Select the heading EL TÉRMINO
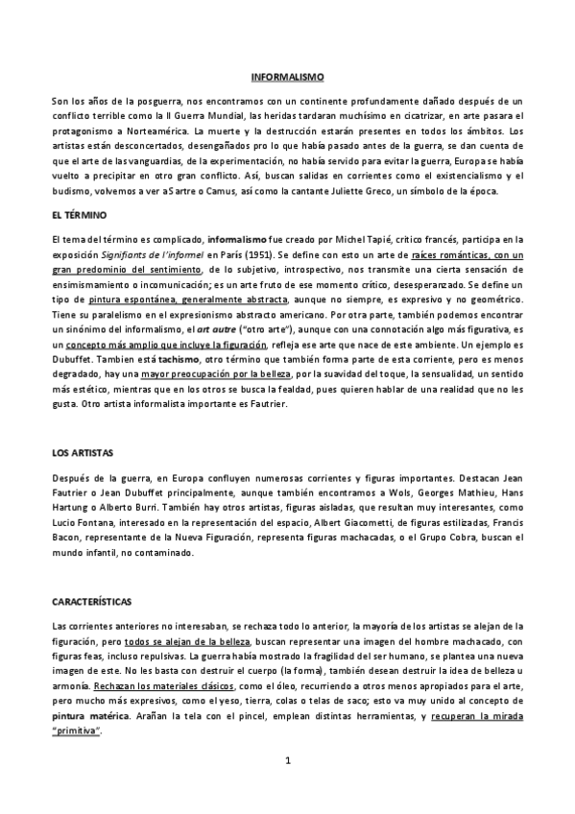[x=80, y=215]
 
